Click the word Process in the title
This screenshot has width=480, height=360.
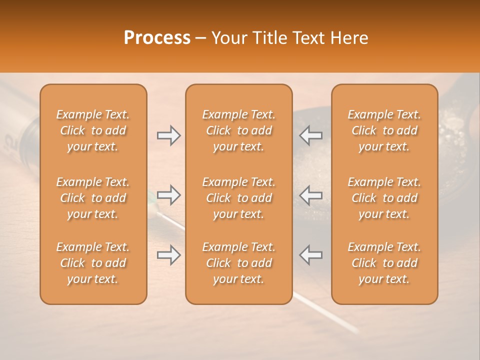[x=157, y=38]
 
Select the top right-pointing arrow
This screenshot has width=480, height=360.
[x=168, y=135]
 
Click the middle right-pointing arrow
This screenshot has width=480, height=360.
[x=168, y=195]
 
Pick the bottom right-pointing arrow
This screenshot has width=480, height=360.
[x=168, y=255]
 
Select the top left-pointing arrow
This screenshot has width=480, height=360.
[x=310, y=135]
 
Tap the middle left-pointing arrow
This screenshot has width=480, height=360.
[x=310, y=195]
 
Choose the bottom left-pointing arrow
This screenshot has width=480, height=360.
[x=310, y=255]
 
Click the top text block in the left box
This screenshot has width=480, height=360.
[x=93, y=130]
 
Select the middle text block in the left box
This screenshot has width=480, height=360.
[x=93, y=198]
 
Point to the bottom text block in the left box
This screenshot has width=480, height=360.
[x=93, y=263]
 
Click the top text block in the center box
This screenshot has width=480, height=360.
[x=238, y=130]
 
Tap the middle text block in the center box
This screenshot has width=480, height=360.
[x=238, y=198]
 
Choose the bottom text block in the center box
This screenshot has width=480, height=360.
[x=238, y=263]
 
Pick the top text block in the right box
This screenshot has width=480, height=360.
[x=384, y=130]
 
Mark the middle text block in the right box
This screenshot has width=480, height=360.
[x=384, y=198]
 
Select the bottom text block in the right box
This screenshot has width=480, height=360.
[x=384, y=263]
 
